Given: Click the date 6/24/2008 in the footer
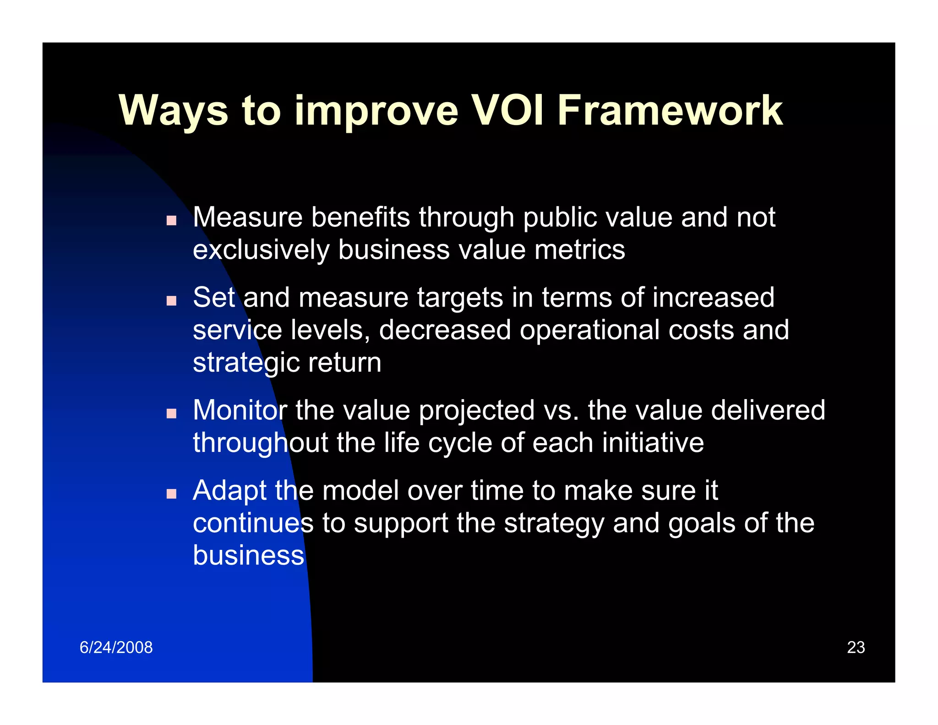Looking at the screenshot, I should (116, 647).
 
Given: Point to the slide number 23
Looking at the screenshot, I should (856, 647).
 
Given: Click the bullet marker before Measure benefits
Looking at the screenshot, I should (171, 220).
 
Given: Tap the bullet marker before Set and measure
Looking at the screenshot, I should (171, 301).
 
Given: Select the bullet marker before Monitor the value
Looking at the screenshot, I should (171, 413).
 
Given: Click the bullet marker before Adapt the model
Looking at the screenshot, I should (171, 494).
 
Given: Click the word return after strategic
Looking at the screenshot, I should (344, 363).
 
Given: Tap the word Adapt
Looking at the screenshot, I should (229, 491).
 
